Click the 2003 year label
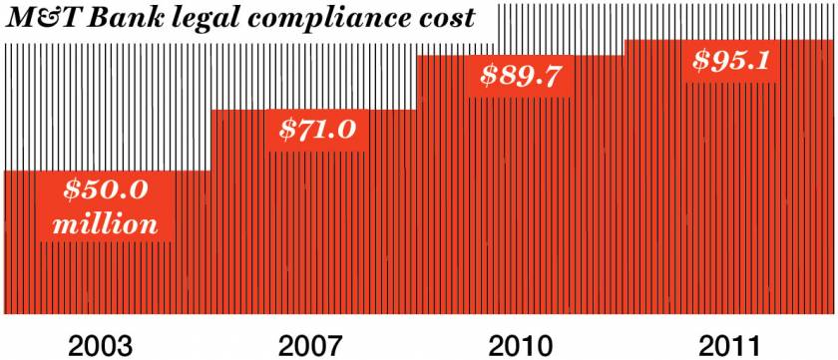tap(101, 345)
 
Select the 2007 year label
tap(310, 345)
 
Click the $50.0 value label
tap(105, 189)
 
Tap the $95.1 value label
tap(731, 60)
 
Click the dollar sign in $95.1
tap(701, 60)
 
